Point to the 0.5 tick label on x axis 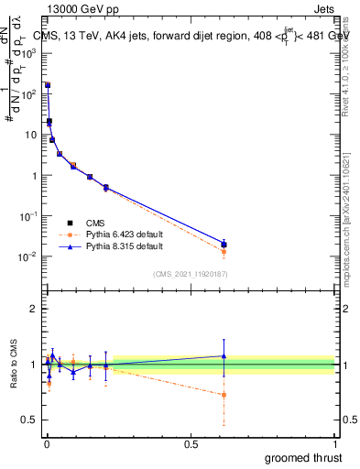click(191, 444)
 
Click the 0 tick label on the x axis click(46, 444)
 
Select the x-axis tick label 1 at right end click(335, 444)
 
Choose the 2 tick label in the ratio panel click(37, 309)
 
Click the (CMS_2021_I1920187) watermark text click(191, 274)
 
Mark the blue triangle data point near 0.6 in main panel click(224, 244)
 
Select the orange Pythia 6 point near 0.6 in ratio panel click(224, 396)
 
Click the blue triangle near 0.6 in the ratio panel click(224, 355)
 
